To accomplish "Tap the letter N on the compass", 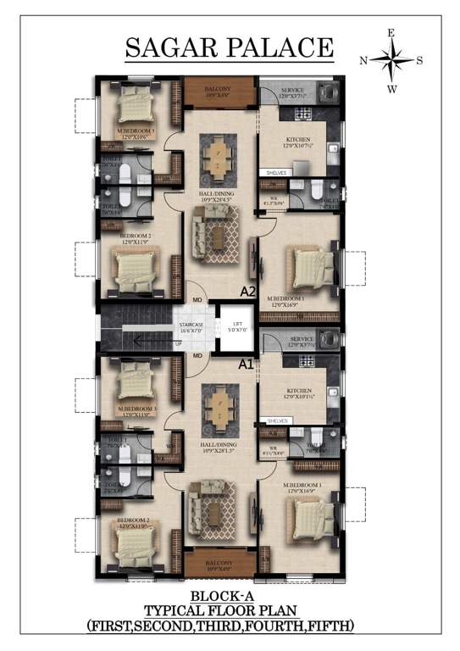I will (x=363, y=60).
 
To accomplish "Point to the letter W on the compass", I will (x=391, y=88).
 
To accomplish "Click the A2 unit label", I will (x=248, y=292).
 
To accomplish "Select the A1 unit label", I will (x=247, y=364).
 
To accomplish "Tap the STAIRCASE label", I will (x=191, y=325).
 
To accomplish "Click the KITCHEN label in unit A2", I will (x=297, y=139).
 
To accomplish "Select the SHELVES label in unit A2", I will (x=276, y=172).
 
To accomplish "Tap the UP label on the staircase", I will (x=178, y=344).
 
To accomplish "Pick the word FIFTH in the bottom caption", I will (x=330, y=626).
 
